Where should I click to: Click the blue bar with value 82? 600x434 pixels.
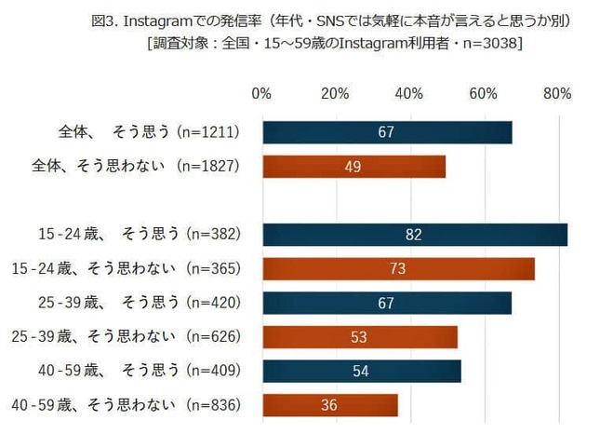click(x=415, y=235)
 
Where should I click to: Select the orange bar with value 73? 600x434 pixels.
click(x=398, y=269)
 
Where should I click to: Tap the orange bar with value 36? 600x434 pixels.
click(x=330, y=405)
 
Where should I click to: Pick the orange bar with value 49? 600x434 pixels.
click(x=353, y=167)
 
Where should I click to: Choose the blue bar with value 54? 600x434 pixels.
click(x=362, y=371)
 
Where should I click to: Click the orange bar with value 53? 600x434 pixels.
click(x=360, y=336)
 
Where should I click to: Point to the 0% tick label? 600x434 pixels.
click(x=261, y=93)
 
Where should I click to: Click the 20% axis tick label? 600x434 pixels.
click(x=335, y=93)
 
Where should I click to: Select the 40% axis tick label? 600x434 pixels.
click(x=409, y=93)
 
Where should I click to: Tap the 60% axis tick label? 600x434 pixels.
click(x=483, y=93)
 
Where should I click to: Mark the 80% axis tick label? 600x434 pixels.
click(x=557, y=93)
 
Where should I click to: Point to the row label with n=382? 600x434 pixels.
click(x=140, y=235)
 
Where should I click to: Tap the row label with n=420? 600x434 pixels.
click(x=140, y=303)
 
